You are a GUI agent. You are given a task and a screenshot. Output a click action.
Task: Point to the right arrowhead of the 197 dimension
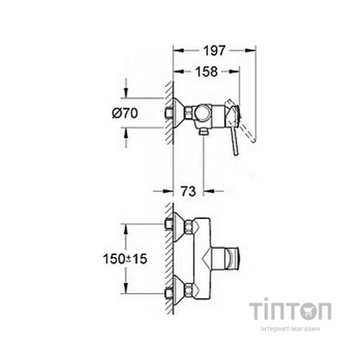(254, 50)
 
